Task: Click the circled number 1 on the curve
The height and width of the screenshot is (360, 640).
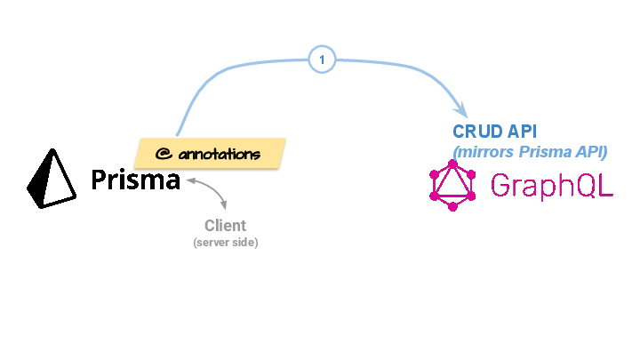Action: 322,60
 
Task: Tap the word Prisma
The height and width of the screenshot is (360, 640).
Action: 135,181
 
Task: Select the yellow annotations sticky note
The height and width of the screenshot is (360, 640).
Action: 210,153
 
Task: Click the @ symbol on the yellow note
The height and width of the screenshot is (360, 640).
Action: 163,153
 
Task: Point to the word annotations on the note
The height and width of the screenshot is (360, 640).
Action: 219,154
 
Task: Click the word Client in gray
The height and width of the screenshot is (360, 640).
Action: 225,226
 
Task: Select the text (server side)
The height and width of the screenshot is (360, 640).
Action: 225,243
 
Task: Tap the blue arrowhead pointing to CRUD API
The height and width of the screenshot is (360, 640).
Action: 460,110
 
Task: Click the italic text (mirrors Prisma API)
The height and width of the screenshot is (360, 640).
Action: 530,151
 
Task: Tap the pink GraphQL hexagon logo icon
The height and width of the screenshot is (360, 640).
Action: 452,186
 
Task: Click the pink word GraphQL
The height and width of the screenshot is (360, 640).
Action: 551,186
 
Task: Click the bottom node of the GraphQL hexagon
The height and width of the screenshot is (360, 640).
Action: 452,208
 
